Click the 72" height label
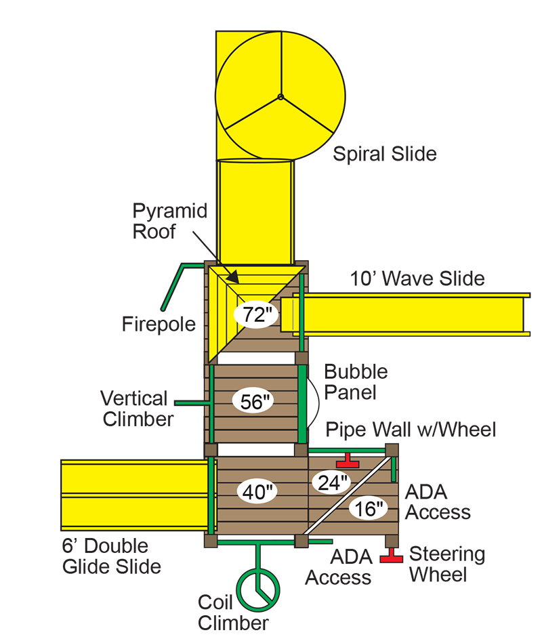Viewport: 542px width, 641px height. click(253, 314)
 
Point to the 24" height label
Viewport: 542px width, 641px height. click(331, 482)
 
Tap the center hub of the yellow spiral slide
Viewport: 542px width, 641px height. click(280, 97)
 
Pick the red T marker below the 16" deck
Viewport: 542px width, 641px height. click(391, 557)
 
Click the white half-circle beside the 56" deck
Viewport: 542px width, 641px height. click(311, 403)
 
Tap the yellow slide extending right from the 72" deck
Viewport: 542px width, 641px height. click(413, 314)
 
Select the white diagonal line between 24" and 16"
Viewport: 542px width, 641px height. click(349, 495)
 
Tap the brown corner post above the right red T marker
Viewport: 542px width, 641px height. click(391, 541)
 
